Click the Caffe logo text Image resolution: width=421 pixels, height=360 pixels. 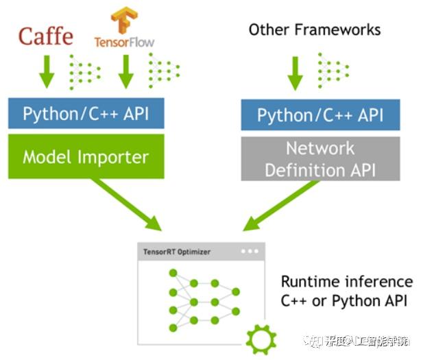[x=46, y=36]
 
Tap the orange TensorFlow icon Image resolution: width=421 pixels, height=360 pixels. [x=124, y=21]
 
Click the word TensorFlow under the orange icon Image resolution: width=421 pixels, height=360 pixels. [x=124, y=42]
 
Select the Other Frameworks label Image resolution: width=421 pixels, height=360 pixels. [x=314, y=29]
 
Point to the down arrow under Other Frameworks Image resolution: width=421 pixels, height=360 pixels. [x=296, y=72]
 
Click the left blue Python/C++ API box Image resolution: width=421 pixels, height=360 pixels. [x=86, y=114]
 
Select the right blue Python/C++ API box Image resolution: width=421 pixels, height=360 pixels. [x=320, y=115]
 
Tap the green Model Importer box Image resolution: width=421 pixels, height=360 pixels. [x=86, y=156]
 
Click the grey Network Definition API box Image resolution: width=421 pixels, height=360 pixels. [x=320, y=158]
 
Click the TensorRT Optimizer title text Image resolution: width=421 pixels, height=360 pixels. [x=177, y=252]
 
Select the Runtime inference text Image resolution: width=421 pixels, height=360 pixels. [x=347, y=283]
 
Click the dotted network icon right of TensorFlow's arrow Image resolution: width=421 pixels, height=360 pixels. [x=163, y=71]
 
